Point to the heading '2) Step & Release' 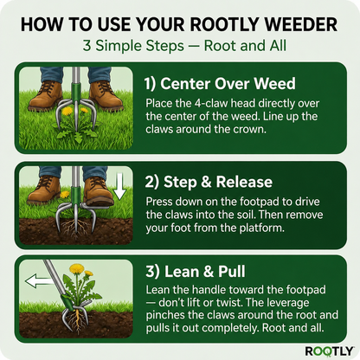(209, 183)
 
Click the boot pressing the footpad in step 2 (98, 190)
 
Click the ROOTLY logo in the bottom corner (328, 350)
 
